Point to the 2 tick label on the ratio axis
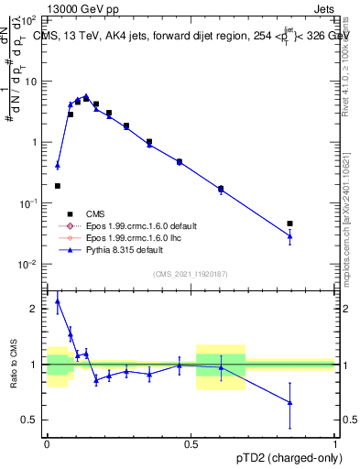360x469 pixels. click(x=34, y=309)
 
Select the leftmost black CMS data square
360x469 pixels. click(x=58, y=186)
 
